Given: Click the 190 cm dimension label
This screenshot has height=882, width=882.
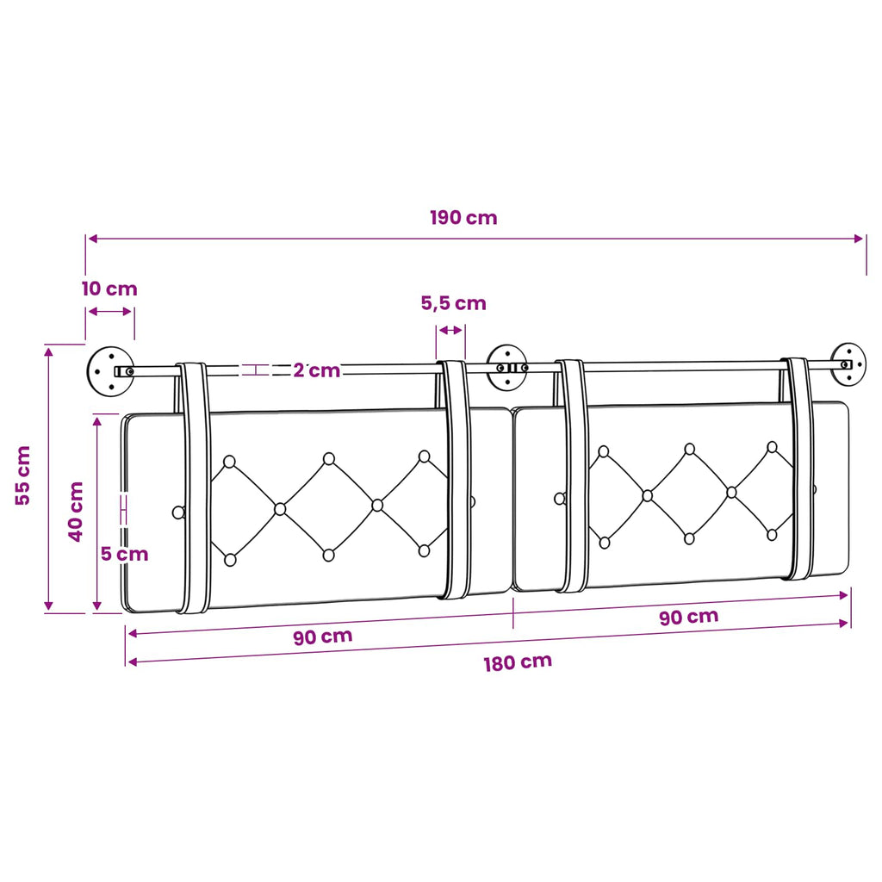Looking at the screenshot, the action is (463, 218).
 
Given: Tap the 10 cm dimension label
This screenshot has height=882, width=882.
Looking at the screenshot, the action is (109, 289).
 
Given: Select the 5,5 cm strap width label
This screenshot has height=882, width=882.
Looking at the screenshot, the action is (453, 304).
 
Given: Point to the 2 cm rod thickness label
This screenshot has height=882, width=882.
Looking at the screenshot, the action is (317, 370).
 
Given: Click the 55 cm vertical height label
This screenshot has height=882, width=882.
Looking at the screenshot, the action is (23, 475).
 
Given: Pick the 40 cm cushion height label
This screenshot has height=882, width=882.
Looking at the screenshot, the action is (76, 512).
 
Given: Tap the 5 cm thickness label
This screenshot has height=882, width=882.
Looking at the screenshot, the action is (124, 554).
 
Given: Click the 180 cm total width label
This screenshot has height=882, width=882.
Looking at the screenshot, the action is (518, 662).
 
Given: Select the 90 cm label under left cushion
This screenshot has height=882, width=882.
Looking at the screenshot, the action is (323, 637).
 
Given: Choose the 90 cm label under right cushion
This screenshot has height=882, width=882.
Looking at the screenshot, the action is (688, 617).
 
